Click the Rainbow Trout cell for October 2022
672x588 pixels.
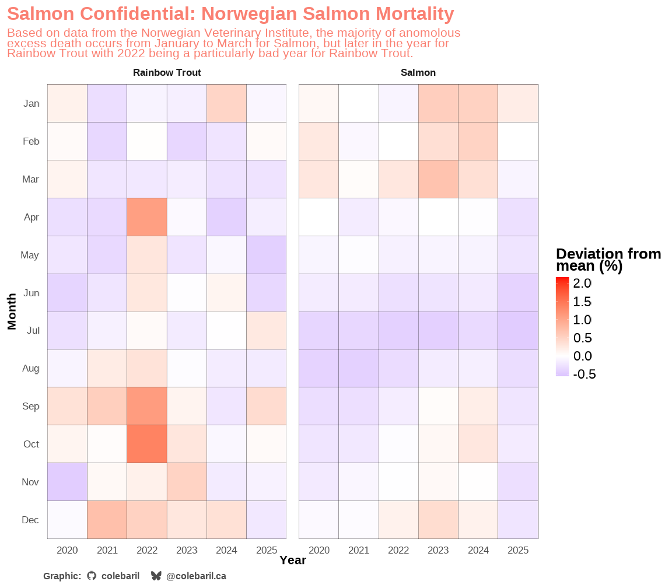coord(147,444)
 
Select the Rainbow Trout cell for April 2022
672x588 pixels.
coord(147,217)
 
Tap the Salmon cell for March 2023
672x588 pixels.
coord(438,179)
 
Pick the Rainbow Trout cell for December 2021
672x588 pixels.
coord(107,520)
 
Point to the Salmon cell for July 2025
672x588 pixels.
coord(518,330)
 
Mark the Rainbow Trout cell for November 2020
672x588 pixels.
coord(67,482)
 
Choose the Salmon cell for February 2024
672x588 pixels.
coord(478,141)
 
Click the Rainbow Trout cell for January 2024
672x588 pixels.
coord(226,103)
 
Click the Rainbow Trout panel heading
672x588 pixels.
coord(167,73)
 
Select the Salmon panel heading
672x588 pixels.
coord(418,73)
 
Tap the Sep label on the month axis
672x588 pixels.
coord(30,407)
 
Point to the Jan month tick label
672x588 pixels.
coord(32,104)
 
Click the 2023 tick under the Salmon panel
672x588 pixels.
coord(438,550)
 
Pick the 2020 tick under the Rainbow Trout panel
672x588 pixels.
coord(67,550)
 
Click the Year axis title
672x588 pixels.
coord(293,561)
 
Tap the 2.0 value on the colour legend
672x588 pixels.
coord(582,283)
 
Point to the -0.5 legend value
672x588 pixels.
coord(584,374)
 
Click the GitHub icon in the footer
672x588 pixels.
coord(92,576)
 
